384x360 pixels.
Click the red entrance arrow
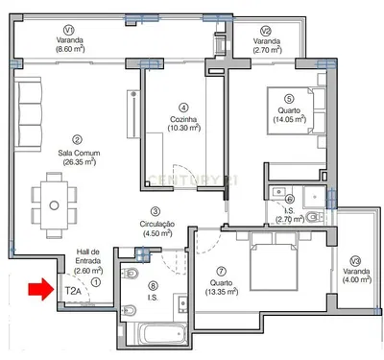click(x=39, y=289)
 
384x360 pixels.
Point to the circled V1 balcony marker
click(x=68, y=30)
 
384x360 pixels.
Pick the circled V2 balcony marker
click(x=266, y=30)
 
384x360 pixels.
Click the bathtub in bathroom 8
click(x=158, y=336)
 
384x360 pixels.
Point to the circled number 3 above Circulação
click(x=154, y=210)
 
